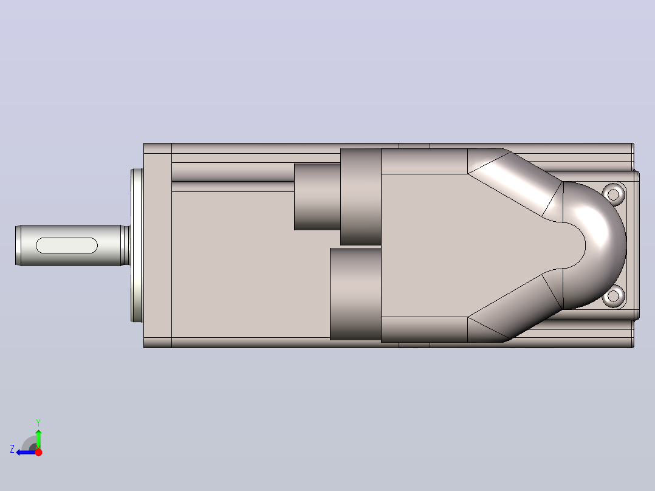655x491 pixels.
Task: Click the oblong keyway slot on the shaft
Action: tap(67, 245)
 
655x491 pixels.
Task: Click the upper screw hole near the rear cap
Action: tap(613, 194)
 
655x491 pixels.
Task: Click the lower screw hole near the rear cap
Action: tap(613, 296)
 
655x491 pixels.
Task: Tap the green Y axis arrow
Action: tap(38, 438)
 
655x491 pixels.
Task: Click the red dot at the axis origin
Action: tap(38, 452)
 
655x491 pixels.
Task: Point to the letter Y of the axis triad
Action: tap(38, 422)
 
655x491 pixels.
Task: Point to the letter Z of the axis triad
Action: tap(12, 449)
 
